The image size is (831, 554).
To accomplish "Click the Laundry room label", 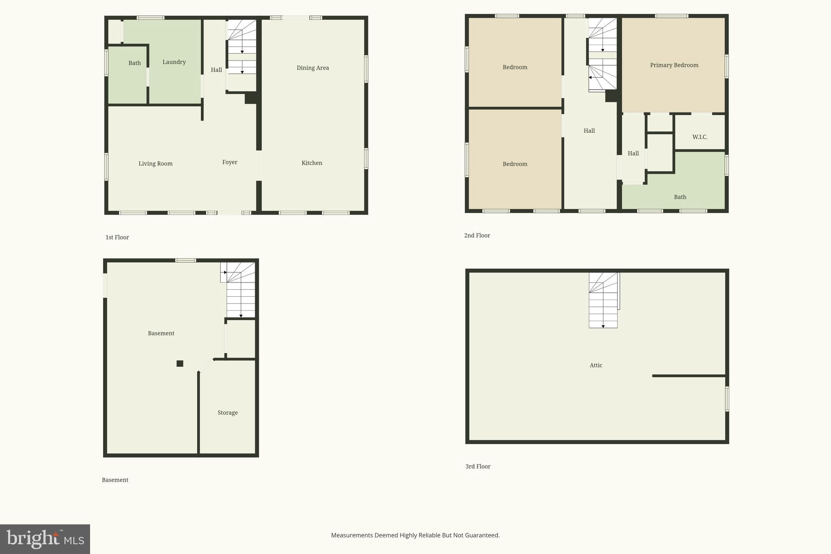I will coord(174,62).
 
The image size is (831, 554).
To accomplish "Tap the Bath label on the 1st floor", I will coord(135,63).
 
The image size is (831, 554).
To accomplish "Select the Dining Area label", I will coord(312,68).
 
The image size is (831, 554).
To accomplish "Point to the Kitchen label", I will coord(312,163).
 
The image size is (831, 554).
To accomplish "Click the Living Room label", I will coord(155,164).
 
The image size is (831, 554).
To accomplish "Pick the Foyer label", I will coord(230,162).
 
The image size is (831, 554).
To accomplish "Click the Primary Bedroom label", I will coord(674,65).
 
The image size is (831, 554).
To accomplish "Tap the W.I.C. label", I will coord(700,137).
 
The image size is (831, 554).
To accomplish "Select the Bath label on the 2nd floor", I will coord(680,197).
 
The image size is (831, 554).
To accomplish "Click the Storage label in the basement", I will coord(228,413).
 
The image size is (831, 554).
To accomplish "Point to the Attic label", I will coord(596,365).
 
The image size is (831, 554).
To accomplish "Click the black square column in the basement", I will coord(180,364).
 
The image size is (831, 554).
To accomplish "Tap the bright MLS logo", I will coord(45,539).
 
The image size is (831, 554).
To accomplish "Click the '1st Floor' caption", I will coord(117,237).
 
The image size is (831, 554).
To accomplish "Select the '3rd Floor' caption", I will coord(478,467).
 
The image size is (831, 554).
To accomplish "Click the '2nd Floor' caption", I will coord(477,236).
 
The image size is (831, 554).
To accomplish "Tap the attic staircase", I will coord(603,300).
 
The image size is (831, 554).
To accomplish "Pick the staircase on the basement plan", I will coord(240,290).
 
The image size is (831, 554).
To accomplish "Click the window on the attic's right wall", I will coord(727,399).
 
